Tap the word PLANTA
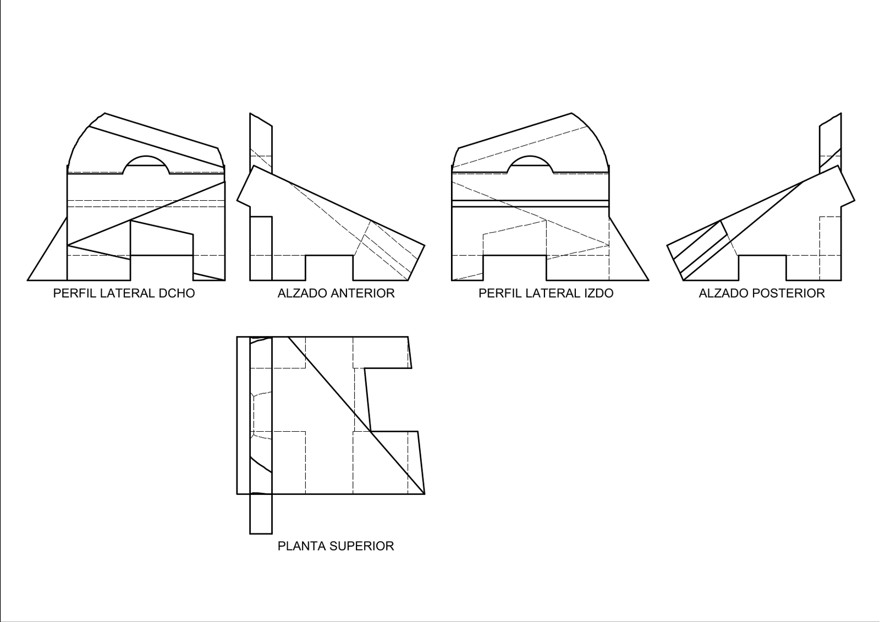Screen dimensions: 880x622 coord(302,546)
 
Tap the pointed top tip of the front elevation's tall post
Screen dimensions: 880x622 coord(250,113)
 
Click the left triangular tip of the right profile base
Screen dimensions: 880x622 coord(28,280)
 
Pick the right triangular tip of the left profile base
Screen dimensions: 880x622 coord(648,280)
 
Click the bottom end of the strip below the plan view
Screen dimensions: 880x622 coord(261,533)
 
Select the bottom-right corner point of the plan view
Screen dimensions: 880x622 coord(425,494)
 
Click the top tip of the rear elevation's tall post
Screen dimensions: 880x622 coord(841,113)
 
